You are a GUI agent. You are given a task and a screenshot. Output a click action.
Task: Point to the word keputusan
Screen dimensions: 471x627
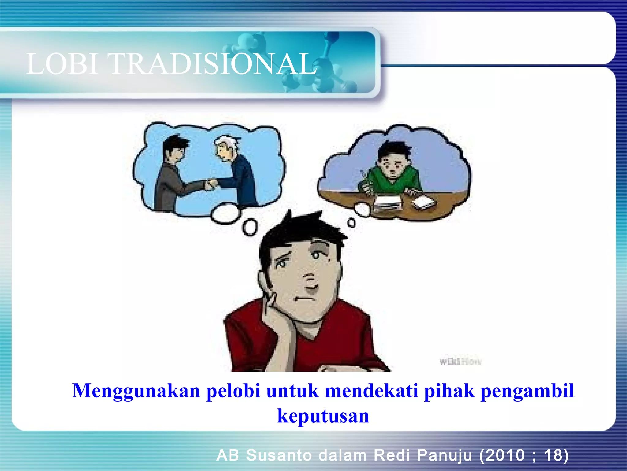323,416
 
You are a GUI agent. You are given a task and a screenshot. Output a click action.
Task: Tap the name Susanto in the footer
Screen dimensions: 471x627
279,455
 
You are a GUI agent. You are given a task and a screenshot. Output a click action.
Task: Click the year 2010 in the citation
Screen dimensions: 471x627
508,455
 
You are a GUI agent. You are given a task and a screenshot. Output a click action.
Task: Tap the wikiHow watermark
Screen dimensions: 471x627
460,362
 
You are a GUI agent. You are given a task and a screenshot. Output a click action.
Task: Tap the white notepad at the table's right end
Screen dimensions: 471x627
424,202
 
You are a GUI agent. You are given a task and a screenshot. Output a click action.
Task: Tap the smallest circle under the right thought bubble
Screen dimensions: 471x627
352,223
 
